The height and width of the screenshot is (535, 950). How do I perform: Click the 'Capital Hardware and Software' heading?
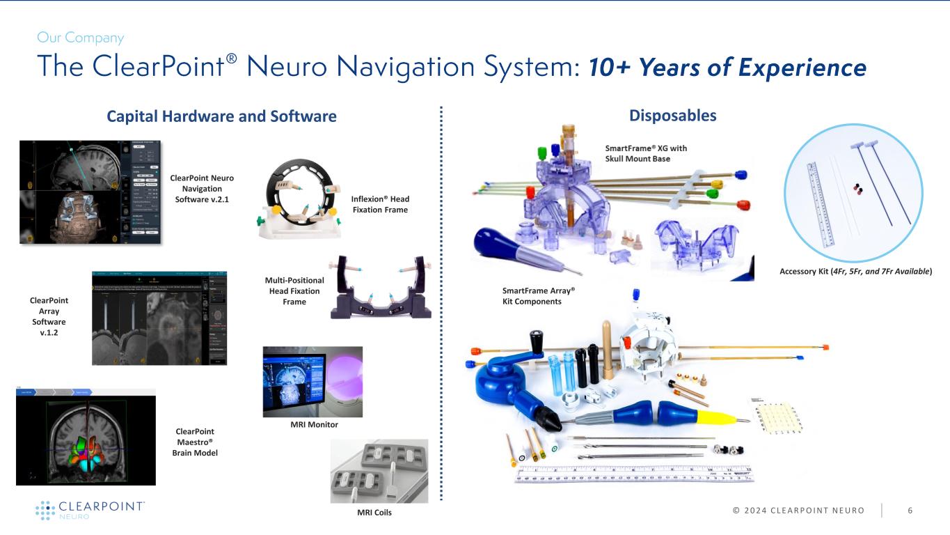(221, 116)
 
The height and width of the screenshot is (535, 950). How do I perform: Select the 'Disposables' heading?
(672, 115)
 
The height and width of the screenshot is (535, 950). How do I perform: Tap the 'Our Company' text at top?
(80, 38)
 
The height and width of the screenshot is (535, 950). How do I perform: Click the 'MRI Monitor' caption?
(314, 424)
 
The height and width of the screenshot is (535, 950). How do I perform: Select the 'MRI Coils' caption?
(375, 513)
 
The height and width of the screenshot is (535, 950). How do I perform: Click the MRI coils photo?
(379, 471)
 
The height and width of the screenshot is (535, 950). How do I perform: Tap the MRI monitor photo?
(312, 381)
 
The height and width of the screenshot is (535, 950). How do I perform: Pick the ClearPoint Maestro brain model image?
(86, 437)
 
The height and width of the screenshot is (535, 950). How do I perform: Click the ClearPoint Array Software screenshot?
(159, 317)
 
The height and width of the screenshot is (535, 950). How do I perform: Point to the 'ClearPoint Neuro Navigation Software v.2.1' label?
(202, 189)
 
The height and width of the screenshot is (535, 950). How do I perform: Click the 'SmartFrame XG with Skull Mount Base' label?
(645, 153)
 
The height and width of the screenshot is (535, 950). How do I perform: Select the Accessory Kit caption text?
(855, 270)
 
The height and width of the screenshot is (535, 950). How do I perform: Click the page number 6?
(910, 511)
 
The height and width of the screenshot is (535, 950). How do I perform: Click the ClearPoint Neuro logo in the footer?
(90, 510)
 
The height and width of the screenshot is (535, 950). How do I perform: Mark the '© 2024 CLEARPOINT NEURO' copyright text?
(789, 511)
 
